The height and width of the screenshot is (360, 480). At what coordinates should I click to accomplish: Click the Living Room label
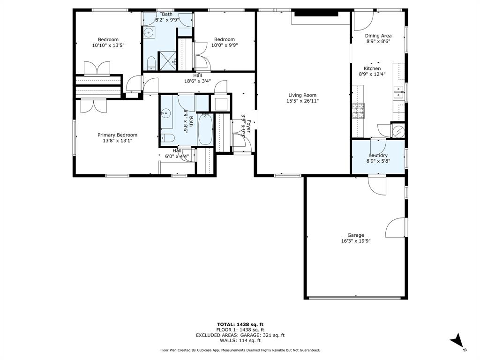click(302, 95)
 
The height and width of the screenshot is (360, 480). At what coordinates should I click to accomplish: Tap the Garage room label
click(356, 235)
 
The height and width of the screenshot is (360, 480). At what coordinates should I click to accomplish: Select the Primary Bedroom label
click(118, 135)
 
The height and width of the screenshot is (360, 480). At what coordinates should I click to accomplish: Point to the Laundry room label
click(378, 155)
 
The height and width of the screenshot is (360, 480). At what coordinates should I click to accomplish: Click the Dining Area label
click(378, 36)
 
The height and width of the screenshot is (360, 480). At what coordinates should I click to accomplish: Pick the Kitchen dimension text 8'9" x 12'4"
click(372, 74)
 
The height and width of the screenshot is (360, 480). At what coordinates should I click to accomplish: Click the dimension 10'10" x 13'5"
click(108, 45)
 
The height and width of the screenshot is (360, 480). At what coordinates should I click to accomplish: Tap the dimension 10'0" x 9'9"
click(225, 45)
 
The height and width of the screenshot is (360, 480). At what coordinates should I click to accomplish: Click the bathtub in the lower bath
click(205, 129)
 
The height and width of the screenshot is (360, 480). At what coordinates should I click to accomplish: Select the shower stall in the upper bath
click(167, 61)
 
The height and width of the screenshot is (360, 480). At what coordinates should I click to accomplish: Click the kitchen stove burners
click(359, 111)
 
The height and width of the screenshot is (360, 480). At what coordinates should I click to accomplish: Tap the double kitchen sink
click(398, 92)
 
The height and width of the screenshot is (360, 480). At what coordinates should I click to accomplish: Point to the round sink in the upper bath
click(149, 32)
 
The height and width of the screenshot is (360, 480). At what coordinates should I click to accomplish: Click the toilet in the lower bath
click(167, 138)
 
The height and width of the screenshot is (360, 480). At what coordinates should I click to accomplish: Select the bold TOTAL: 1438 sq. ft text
click(240, 324)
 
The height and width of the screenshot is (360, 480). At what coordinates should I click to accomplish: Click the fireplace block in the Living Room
click(316, 14)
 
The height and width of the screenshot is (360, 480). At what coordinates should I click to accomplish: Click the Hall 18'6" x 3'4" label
click(197, 78)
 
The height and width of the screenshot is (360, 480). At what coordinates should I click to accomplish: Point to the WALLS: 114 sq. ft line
click(240, 340)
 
